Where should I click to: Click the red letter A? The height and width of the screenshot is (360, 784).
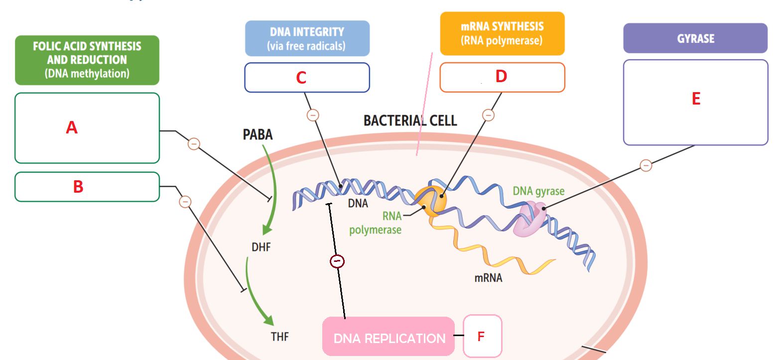[72, 128]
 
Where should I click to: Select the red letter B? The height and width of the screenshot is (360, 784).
[78, 187]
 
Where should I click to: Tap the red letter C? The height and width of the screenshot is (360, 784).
[301, 78]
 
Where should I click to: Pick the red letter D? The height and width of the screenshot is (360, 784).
[501, 76]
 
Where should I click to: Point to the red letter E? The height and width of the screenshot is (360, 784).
[696, 99]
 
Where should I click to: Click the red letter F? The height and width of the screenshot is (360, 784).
[481, 337]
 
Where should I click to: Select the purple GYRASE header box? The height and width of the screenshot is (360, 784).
[695, 38]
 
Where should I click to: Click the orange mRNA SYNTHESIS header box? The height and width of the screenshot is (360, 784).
[502, 33]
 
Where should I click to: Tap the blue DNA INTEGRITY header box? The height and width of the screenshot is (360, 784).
[307, 38]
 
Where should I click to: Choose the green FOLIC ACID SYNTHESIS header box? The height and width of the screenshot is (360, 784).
[87, 60]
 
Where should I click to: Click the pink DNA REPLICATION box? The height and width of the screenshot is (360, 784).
[389, 338]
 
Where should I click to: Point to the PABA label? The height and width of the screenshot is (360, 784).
[258, 135]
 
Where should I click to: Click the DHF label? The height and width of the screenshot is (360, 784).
[261, 247]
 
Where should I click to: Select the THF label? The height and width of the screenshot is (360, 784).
[279, 337]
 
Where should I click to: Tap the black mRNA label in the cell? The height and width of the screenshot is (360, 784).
[488, 278]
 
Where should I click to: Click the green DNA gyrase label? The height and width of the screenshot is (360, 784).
[538, 191]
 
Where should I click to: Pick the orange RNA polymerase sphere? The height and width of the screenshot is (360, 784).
[431, 200]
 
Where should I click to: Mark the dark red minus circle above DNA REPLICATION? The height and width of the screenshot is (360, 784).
[337, 261]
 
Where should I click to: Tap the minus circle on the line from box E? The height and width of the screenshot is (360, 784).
[646, 165]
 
